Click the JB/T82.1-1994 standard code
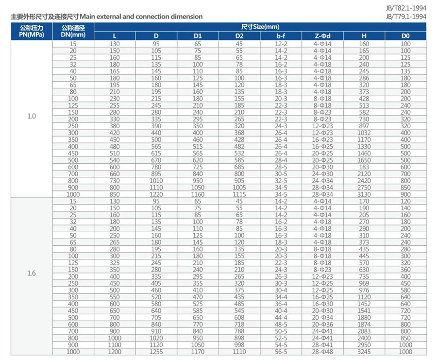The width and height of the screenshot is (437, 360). click(x=406, y=9)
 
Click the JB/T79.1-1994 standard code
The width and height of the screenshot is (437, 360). click(x=406, y=17)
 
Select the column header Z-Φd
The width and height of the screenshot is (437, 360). click(x=322, y=36)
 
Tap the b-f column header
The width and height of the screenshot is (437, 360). click(x=281, y=36)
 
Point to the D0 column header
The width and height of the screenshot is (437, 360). click(x=405, y=36)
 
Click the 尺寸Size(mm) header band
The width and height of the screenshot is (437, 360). click(x=260, y=27)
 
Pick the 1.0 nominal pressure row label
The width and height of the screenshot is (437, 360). click(x=32, y=116)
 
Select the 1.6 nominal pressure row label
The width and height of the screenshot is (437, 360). click(x=32, y=273)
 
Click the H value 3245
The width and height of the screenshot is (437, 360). click(x=364, y=352)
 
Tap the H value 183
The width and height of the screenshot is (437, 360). click(x=364, y=167)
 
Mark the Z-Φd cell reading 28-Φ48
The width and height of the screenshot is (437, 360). click(x=322, y=352)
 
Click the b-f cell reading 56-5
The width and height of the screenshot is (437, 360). click(x=281, y=352)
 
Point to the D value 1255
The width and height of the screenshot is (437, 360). click(x=156, y=352)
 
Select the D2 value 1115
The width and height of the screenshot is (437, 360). click(x=239, y=194)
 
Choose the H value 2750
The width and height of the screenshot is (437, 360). click(x=364, y=188)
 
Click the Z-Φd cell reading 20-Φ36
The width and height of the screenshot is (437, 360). click(x=322, y=325)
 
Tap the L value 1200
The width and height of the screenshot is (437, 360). click(x=115, y=352)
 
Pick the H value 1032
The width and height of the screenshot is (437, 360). click(x=364, y=133)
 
